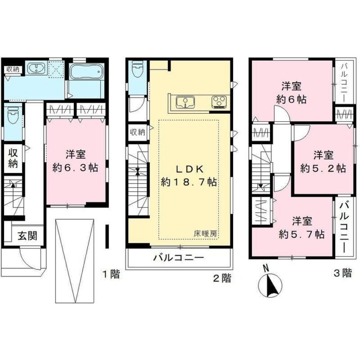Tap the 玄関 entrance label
tap(28, 236)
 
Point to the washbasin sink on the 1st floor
tap(36, 68)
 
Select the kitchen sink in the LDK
tap(185, 102)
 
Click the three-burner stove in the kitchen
tap(219, 102)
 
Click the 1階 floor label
tap(111, 274)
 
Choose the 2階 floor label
tap(222, 278)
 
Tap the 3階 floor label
tap(342, 273)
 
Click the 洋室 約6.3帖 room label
tap(75, 161)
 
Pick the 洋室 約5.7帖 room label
tap(302, 228)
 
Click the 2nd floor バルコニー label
tap(179, 258)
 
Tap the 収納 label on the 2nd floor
tap(138, 132)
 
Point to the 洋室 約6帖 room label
tap(291, 93)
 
